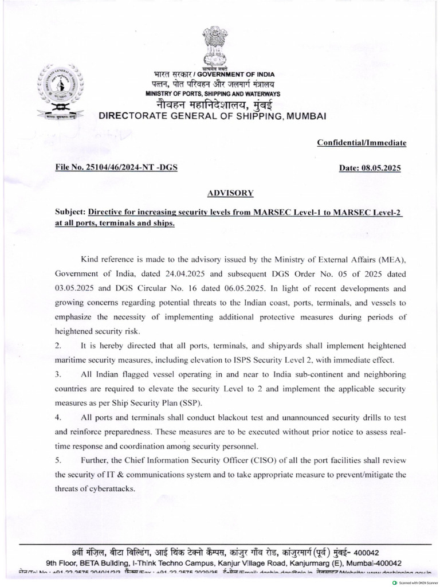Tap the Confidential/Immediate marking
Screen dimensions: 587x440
tap(362, 142)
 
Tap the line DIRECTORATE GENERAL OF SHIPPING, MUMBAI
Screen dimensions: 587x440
tap(213, 116)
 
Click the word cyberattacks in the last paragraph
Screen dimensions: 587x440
tap(111, 489)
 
